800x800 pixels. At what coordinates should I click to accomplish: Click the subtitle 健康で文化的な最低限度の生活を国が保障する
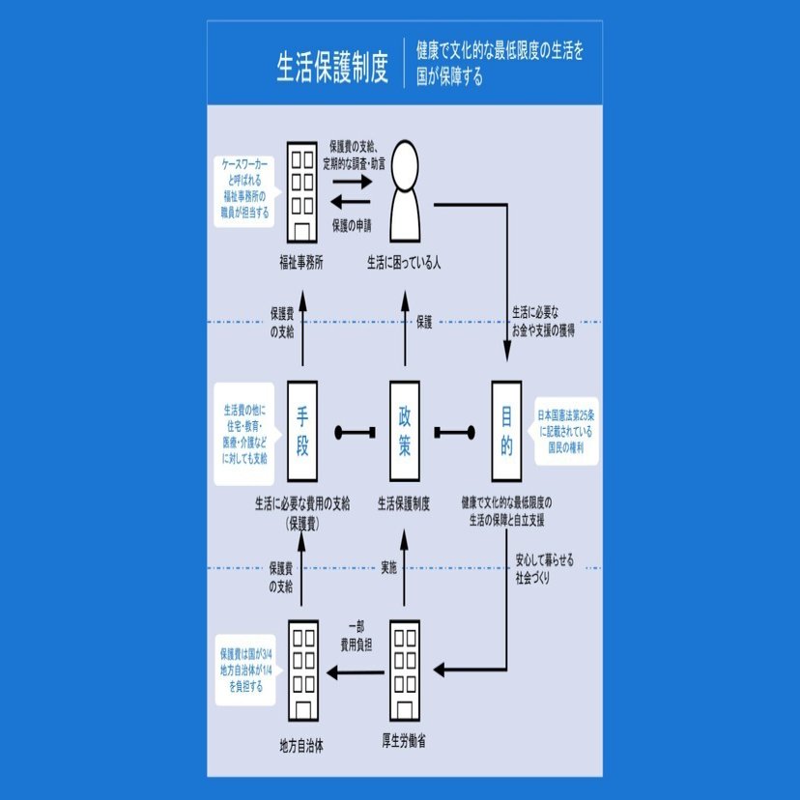coord(500,63)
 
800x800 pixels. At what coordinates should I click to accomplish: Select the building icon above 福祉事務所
coord(302,190)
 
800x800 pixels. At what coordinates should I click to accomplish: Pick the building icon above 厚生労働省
coord(404,667)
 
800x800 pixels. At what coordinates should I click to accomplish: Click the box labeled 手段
coord(302,431)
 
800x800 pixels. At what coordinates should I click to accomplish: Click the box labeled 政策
coord(404,431)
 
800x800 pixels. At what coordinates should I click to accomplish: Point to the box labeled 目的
coord(506,431)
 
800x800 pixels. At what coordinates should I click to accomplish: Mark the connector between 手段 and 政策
coord(354,432)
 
